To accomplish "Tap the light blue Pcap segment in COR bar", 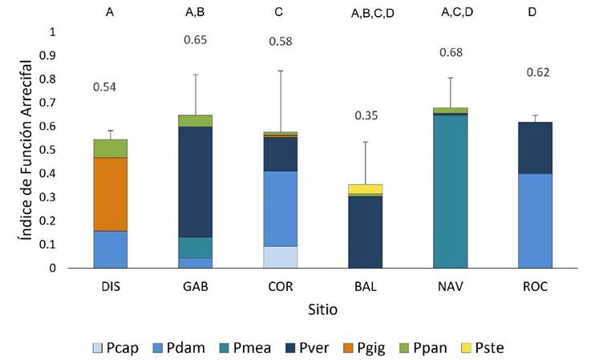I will (281, 257).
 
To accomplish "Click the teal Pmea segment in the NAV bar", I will (451, 192).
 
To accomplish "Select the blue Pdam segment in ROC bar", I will (534, 220).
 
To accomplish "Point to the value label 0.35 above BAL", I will (366, 115).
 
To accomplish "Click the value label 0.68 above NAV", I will (451, 53).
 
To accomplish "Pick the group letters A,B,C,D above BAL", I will (366, 14).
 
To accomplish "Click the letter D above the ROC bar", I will (534, 13).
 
